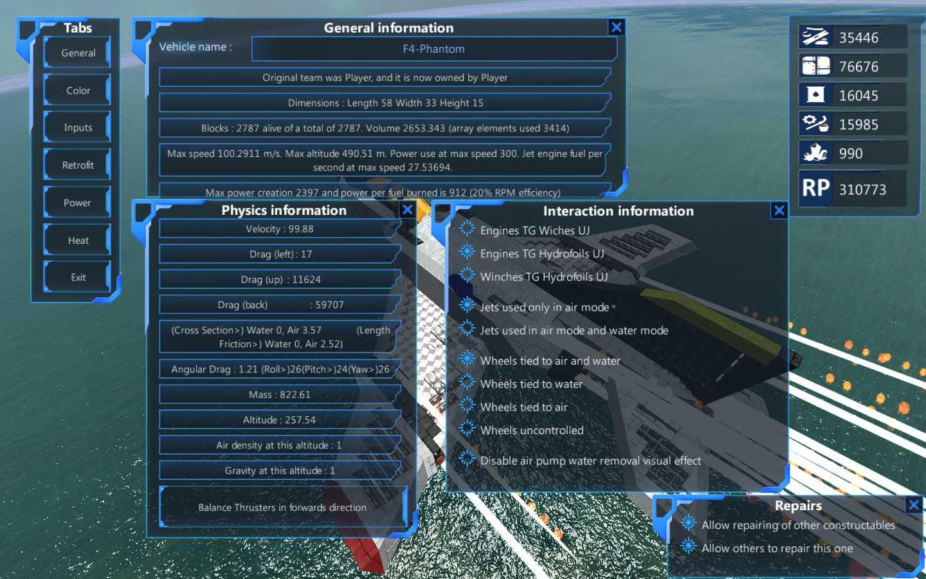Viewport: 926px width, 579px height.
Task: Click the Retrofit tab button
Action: (77, 165)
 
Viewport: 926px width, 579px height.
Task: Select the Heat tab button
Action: (77, 241)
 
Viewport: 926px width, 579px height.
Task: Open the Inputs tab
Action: (77, 127)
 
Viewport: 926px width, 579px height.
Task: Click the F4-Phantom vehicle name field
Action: (433, 49)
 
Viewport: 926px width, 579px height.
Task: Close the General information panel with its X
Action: (616, 27)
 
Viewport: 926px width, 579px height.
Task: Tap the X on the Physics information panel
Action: (407, 210)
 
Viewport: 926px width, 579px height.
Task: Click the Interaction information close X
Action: (779, 210)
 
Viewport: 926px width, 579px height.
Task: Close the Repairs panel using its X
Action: (914, 504)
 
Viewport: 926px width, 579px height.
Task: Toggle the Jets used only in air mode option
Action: (467, 306)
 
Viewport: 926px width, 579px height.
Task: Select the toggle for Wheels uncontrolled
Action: (467, 429)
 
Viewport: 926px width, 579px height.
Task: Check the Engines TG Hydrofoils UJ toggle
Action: (467, 252)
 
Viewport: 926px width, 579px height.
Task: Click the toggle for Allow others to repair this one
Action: (688, 547)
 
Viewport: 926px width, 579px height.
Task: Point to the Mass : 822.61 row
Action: (280, 394)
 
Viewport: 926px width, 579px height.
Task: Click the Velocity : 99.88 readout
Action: (280, 229)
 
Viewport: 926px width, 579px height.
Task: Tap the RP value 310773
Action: (862, 189)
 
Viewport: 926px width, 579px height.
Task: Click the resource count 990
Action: (851, 153)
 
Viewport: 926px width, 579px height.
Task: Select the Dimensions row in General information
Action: (385, 102)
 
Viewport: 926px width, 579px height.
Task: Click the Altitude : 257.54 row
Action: (280, 419)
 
